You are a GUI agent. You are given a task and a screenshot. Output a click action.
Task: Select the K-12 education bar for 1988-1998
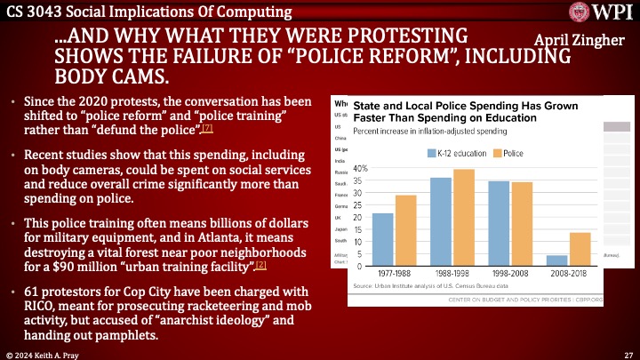[441, 221]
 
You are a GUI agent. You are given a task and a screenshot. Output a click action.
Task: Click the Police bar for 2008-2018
[580, 249]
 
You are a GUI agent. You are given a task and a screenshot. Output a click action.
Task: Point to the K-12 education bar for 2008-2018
[556, 260]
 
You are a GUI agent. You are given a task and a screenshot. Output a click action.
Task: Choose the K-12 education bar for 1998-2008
[499, 223]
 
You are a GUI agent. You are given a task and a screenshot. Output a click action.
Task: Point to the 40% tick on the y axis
[360, 168]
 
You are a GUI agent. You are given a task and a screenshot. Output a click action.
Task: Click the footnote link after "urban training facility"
[260, 266]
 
